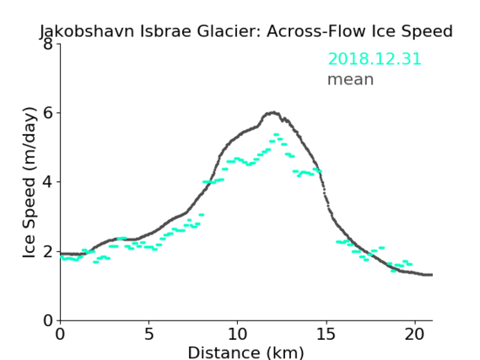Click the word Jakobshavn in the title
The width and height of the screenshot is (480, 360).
pos(87,31)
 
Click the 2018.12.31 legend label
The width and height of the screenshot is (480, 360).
pos(375,59)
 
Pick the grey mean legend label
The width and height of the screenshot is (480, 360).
pos(351,79)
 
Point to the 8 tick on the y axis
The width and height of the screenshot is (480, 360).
pos(48,44)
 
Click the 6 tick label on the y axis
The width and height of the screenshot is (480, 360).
pos(48,113)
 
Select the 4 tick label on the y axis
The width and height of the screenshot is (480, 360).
pos(48,182)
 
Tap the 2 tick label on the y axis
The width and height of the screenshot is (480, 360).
pos(48,251)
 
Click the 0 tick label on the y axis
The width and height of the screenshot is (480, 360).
pos(48,320)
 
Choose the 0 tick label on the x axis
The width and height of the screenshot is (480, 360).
pos(60,334)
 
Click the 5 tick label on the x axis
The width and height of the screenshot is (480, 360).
pos(148,334)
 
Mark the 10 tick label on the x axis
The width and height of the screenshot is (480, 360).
pos(238,334)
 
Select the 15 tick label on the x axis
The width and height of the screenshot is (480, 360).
pos(326,334)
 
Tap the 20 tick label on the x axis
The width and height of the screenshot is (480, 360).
pos(415,334)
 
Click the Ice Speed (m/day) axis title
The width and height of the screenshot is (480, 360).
pos(30,182)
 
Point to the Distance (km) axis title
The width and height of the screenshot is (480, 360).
pos(245,352)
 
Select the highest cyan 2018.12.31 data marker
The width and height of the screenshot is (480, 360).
pos(276,135)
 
